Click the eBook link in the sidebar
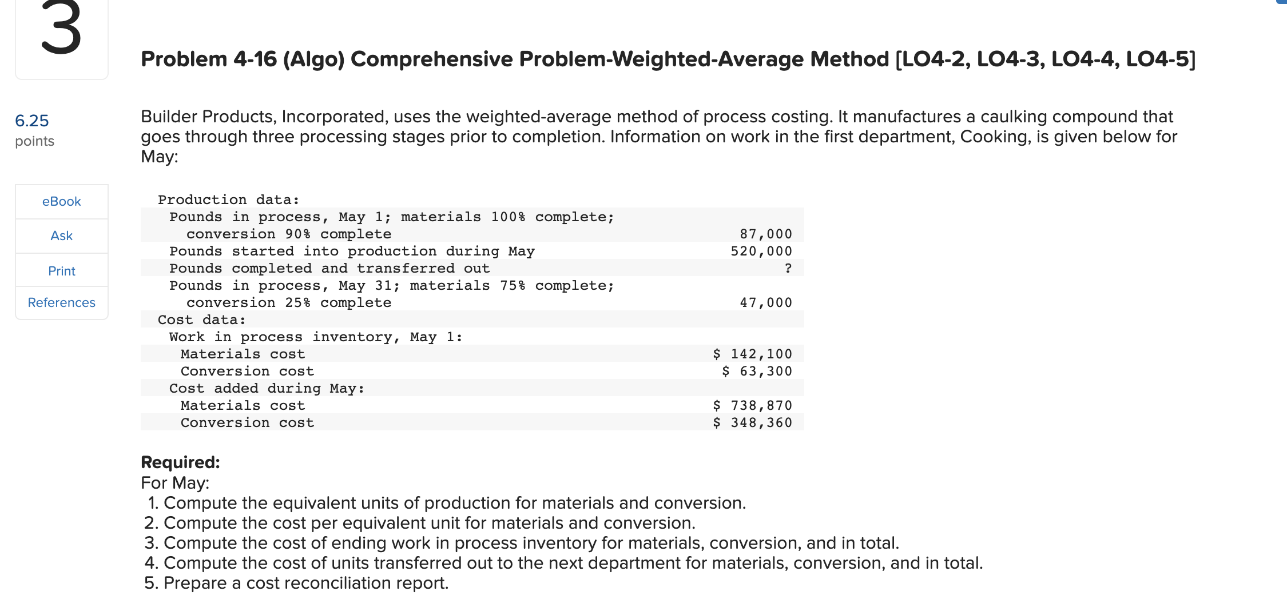pyautogui.click(x=61, y=201)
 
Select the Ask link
pyautogui.click(x=61, y=235)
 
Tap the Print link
pyautogui.click(x=61, y=271)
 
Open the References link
pyautogui.click(x=61, y=302)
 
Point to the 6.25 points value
pyautogui.click(x=32, y=121)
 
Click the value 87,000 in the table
pyautogui.click(x=765, y=234)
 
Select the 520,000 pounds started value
pyautogui.click(x=761, y=251)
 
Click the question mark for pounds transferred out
pyautogui.click(x=788, y=268)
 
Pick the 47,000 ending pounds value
pyautogui.click(x=765, y=302)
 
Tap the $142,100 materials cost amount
pyautogui.click(x=752, y=354)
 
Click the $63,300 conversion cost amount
pyautogui.click(x=757, y=371)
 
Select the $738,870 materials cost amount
pyautogui.click(x=752, y=405)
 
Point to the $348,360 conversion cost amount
pyautogui.click(x=752, y=422)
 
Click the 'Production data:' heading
pyautogui.click(x=228, y=199)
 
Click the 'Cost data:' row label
pyautogui.click(x=201, y=320)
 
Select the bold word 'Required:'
pyautogui.click(x=180, y=462)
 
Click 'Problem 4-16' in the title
pyautogui.click(x=209, y=59)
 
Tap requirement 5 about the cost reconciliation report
pyautogui.click(x=296, y=583)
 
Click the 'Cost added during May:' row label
pyautogui.click(x=267, y=388)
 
